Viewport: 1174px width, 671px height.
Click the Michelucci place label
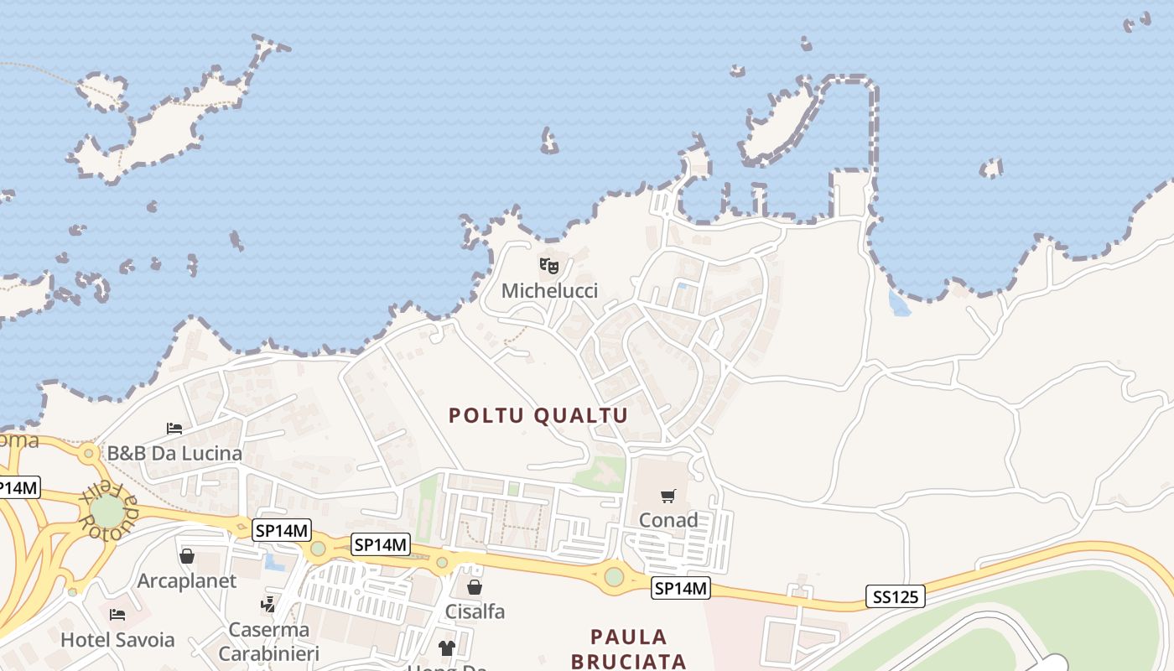(x=549, y=291)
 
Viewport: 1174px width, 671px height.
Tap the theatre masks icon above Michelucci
(x=549, y=267)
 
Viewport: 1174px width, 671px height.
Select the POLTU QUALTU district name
(x=538, y=415)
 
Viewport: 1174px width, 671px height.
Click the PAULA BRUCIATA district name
(x=629, y=648)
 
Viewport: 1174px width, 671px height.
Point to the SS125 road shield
(x=896, y=597)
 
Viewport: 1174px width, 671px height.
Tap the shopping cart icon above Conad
(x=668, y=496)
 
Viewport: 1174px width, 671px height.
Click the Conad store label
(x=668, y=520)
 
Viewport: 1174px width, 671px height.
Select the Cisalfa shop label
(x=475, y=611)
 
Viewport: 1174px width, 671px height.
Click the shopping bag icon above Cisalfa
(x=475, y=586)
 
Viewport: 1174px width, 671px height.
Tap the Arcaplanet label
(x=187, y=580)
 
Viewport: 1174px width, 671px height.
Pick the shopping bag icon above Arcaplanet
(x=187, y=556)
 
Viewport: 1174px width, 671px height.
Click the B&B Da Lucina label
(x=174, y=453)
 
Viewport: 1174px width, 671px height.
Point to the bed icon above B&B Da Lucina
(x=174, y=429)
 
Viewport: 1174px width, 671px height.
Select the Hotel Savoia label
(x=117, y=640)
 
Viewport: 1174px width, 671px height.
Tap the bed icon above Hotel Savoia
(x=117, y=615)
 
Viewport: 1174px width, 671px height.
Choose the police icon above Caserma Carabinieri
(x=268, y=603)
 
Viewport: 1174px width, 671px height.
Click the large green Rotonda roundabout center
(x=106, y=512)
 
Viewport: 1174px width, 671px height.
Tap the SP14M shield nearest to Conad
(x=681, y=589)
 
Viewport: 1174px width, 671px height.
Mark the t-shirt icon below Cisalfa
(x=447, y=648)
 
